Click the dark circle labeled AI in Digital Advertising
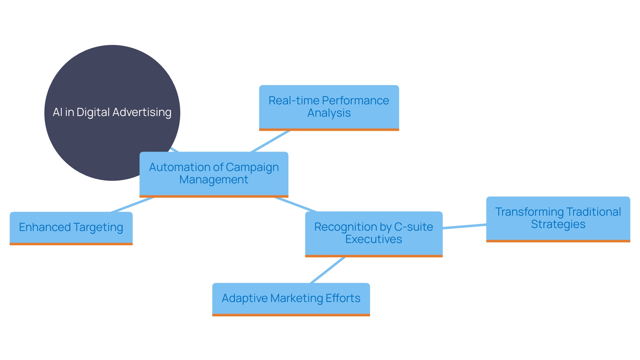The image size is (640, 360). tap(100, 77)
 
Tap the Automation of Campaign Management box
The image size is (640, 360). tap(214, 174)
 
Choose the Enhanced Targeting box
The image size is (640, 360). tap(71, 228)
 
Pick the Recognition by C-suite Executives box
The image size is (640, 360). tap(374, 233)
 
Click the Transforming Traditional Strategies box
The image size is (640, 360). tap(558, 218)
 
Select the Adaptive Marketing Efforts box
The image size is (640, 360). tap(291, 298)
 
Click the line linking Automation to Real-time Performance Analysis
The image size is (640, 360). tap(270, 141)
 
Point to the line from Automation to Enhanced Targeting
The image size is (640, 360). tap(132, 205)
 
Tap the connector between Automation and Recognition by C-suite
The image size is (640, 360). tap(295, 204)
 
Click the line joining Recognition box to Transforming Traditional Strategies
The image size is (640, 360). tap(464, 226)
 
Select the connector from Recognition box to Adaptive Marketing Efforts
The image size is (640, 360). tap(328, 270)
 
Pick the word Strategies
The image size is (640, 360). tap(558, 224)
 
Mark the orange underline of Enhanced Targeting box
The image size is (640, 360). tap(71, 244)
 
